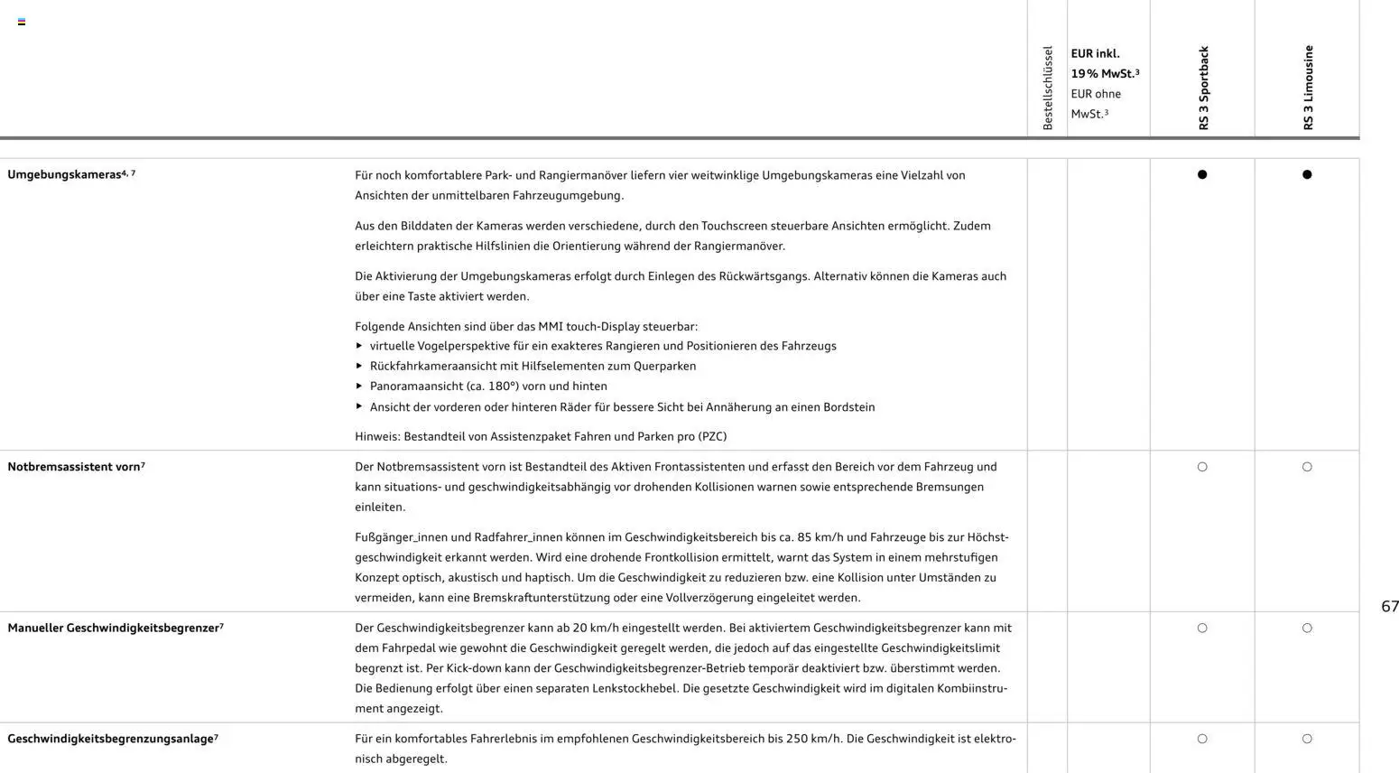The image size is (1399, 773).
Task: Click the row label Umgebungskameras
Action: coord(65,174)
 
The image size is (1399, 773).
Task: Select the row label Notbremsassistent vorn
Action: coord(74,467)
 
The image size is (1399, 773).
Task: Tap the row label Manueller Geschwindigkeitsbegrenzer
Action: coord(114,628)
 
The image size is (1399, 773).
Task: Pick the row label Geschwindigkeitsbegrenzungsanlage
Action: coord(110,739)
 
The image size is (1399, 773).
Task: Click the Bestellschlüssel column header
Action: coord(1048,88)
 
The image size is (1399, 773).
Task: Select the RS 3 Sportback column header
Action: coord(1203,88)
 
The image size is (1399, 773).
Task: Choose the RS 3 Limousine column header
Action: coord(1308,88)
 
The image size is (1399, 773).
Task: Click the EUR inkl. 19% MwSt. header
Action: coord(1105,64)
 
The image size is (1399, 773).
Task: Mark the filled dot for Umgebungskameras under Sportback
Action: coord(1202,174)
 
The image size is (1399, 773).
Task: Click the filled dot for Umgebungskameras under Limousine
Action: coord(1307,174)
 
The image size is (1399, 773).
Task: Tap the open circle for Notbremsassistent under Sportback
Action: coord(1202,467)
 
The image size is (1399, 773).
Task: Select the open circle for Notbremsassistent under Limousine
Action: coord(1307,467)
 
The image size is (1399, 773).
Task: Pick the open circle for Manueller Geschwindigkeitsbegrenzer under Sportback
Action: coord(1202,628)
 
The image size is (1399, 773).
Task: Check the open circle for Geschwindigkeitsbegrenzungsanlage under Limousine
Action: coord(1307,739)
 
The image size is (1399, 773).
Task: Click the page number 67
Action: coord(1389,607)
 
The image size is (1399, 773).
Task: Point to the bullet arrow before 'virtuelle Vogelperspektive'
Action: coord(359,346)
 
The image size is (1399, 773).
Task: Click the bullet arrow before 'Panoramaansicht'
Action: coord(359,386)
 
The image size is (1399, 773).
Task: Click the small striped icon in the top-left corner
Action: coord(22,22)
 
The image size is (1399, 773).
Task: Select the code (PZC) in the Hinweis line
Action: coord(712,436)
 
